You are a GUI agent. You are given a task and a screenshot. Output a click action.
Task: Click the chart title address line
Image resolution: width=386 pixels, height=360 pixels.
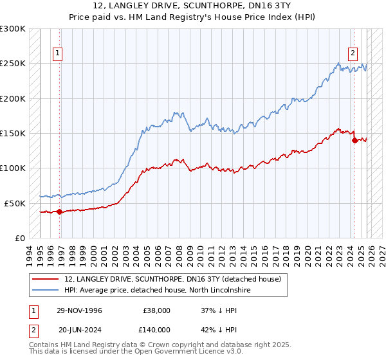coord(192,6)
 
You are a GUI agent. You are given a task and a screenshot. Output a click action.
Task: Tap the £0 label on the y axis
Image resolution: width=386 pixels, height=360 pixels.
coord(19,238)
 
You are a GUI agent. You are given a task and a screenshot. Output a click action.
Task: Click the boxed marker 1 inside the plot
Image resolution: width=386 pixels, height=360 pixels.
coord(59,53)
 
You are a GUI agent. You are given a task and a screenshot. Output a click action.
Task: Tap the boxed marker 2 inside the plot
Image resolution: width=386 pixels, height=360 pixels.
coord(353,53)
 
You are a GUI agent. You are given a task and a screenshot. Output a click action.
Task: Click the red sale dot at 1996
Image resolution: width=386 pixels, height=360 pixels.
coord(59,212)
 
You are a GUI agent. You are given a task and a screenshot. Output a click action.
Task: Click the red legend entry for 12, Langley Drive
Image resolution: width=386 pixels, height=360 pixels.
coord(172,280)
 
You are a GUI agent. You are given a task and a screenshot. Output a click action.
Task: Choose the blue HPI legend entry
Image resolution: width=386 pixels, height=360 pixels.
coord(160,291)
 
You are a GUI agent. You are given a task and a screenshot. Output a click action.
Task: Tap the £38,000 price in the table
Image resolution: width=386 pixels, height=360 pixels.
coord(156,310)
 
